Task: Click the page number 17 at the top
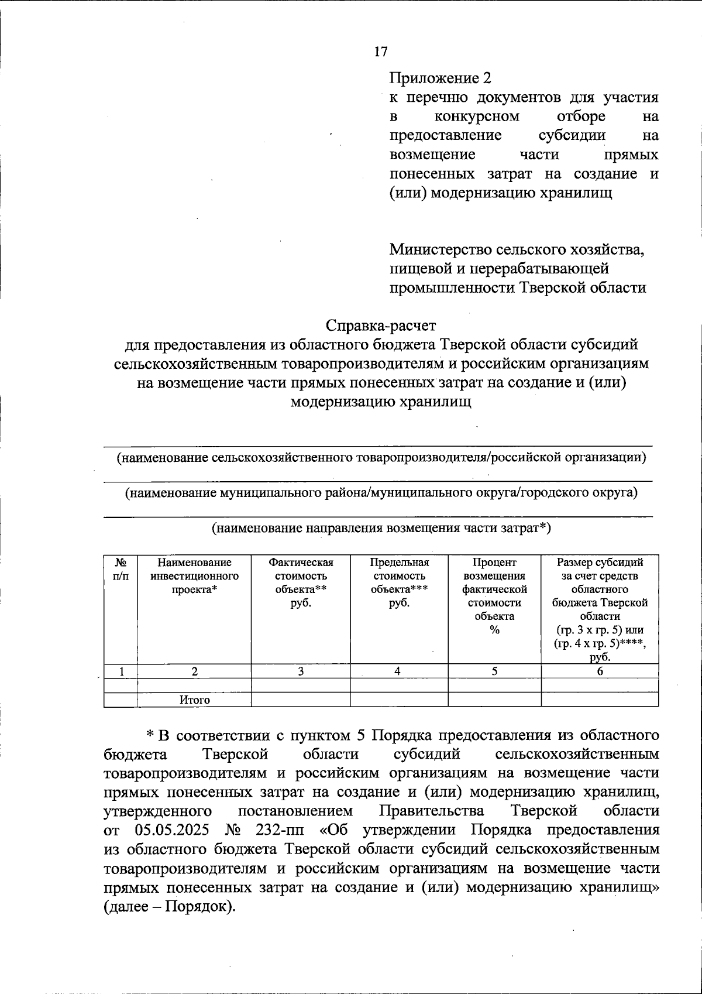tap(380, 52)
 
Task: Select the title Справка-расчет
tap(381, 325)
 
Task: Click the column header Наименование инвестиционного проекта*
tap(194, 576)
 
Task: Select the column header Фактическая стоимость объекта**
tap(301, 582)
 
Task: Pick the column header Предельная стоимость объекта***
tap(399, 582)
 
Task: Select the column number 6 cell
tap(600, 671)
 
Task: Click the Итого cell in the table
tap(194, 700)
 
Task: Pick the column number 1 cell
tap(121, 671)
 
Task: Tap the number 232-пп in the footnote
tap(280, 830)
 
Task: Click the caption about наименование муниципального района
tap(381, 492)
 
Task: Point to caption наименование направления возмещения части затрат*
tap(381, 528)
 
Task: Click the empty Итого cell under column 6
tap(600, 700)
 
